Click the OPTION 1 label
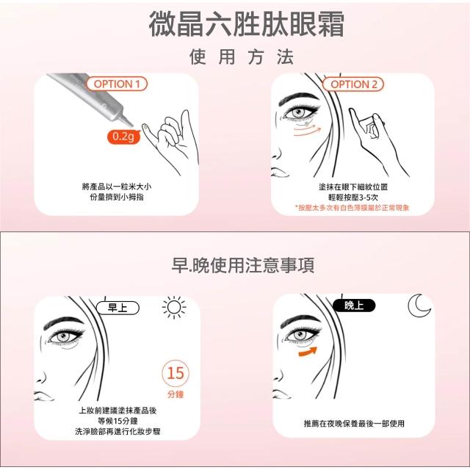[117, 84]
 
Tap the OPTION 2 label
[353, 84]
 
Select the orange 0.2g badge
[124, 137]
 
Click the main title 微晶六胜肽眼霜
[247, 24]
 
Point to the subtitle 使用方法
[242, 57]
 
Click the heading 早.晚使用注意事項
[243, 265]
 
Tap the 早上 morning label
[117, 308]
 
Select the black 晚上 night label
[354, 305]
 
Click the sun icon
[174, 308]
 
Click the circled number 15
[176, 373]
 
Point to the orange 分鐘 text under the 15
[176, 394]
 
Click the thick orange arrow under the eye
[308, 352]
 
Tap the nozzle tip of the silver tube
[131, 124]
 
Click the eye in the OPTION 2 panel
[298, 113]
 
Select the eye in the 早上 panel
[64, 337]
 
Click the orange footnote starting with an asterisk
[352, 208]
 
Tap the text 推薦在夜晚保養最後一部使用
[354, 424]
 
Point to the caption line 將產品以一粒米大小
[117, 187]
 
